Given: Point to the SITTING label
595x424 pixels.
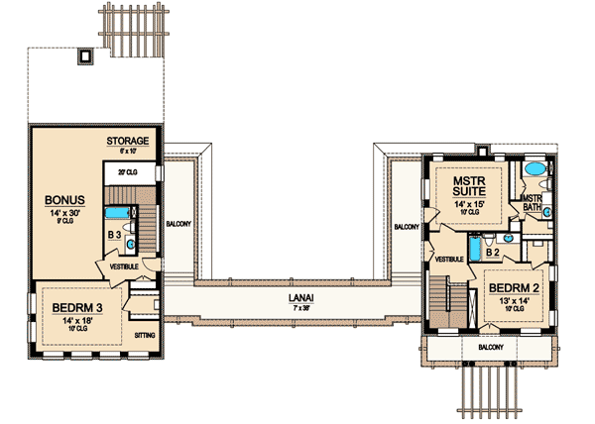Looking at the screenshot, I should point(145,336).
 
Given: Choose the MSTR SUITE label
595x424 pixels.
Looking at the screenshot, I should point(467,188).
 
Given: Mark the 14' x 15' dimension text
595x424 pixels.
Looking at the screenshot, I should point(467,204).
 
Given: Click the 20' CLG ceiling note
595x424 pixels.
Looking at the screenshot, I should point(126,172).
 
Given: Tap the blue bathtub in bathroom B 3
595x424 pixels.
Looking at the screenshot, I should point(117,212).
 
